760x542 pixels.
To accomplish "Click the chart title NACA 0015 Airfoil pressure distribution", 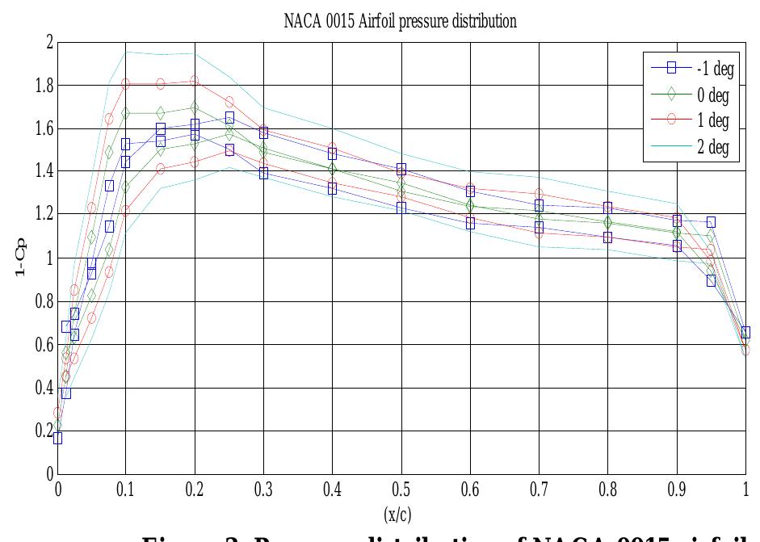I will pyautogui.click(x=401, y=22).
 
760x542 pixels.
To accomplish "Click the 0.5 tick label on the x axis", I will pyautogui.click(x=401, y=489).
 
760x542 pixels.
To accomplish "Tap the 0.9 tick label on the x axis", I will pyautogui.click(x=677, y=489).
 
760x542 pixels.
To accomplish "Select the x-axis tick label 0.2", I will pyautogui.click(x=195, y=489).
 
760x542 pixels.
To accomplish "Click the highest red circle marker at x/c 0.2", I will pyautogui.click(x=195, y=81).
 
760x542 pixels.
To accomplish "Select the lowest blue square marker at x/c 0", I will pyautogui.click(x=57, y=438).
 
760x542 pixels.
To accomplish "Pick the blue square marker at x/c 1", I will pyautogui.click(x=745, y=332).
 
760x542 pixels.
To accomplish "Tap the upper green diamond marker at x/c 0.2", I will pyautogui.click(x=195, y=107).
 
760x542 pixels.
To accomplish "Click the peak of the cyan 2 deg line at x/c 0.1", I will pyautogui.click(x=126, y=53).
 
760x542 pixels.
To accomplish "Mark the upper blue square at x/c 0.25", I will pyautogui.click(x=229, y=118).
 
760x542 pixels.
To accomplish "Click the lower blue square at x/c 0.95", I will pyautogui.click(x=711, y=280).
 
